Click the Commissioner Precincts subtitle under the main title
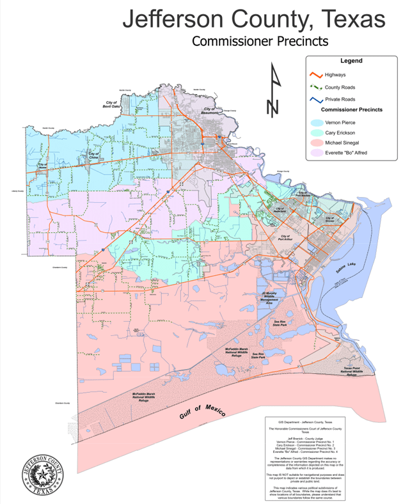pyautogui.click(x=260, y=41)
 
